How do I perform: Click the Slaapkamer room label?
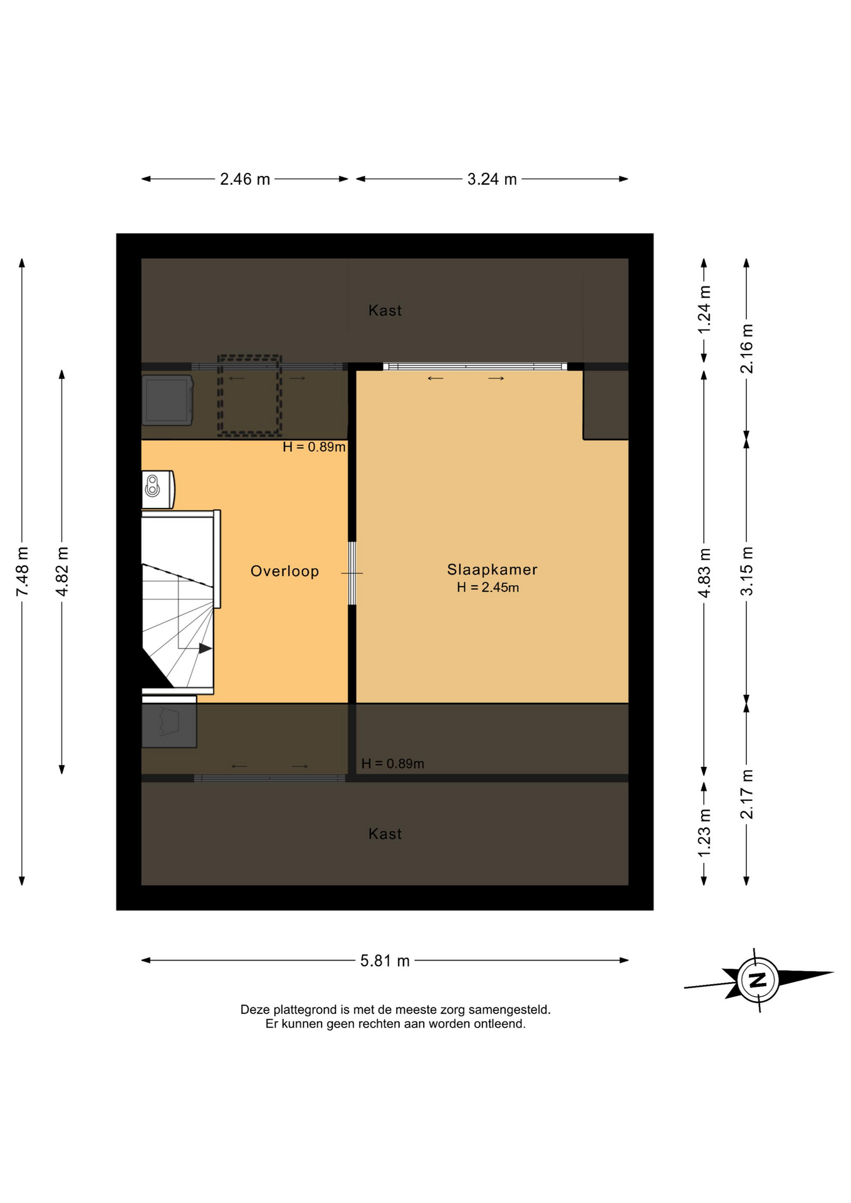[x=492, y=570]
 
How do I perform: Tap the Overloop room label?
[x=285, y=571]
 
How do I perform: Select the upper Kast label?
[x=385, y=311]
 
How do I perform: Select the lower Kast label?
[x=385, y=834]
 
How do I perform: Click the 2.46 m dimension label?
[x=245, y=179]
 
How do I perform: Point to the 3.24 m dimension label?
[x=492, y=179]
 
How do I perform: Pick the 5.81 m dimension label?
[x=385, y=961]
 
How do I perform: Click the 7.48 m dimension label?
[x=23, y=571]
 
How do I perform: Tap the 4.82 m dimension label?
[x=62, y=571]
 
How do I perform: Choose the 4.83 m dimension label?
[x=704, y=573]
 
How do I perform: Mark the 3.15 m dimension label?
[x=746, y=571]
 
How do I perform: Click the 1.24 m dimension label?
[x=704, y=310]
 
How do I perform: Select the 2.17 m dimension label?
[x=746, y=794]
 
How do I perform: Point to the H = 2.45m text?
[x=488, y=588]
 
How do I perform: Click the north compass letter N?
[x=758, y=980]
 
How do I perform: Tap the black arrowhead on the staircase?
[x=205, y=648]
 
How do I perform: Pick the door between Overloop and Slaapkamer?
[x=352, y=573]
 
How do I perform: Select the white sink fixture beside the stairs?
[x=158, y=489]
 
